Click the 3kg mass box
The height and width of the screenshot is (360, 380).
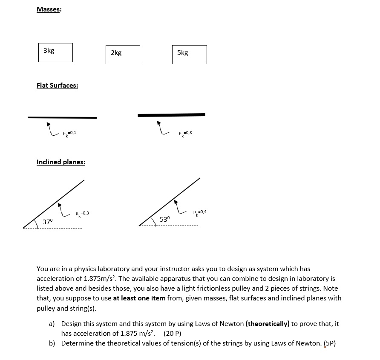point(55,52)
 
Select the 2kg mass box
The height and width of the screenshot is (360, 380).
point(123,54)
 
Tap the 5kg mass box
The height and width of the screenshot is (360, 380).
point(190,54)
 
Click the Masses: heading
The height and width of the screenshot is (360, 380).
point(49,9)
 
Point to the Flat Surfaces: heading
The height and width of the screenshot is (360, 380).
point(57,86)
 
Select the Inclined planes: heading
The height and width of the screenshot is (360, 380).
point(61,162)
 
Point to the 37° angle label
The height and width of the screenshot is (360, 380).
point(48,221)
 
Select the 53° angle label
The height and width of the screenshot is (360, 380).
point(165,219)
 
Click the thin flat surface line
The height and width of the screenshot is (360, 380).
point(62,117)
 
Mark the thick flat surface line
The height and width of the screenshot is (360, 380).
point(171,115)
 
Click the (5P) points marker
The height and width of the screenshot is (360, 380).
point(330,343)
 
